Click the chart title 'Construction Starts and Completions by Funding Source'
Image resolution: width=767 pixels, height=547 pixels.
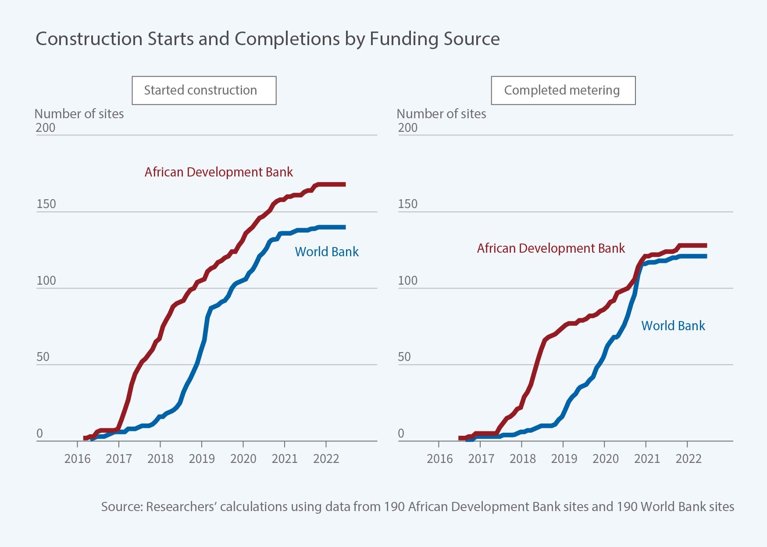tap(268, 39)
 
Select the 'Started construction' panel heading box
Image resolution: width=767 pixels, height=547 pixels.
tap(204, 90)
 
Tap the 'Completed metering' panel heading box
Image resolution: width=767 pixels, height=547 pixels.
tap(563, 90)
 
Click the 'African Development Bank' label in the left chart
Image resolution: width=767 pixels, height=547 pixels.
tap(218, 172)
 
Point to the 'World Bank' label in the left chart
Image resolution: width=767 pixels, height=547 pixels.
tap(327, 252)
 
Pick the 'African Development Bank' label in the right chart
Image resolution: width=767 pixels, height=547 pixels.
tap(550, 248)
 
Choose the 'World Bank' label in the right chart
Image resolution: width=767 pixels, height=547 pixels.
tap(673, 326)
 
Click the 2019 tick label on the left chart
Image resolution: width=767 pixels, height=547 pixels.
tap(202, 459)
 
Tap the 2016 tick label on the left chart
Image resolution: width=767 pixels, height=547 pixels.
tap(77, 459)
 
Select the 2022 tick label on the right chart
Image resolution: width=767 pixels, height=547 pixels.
tap(689, 459)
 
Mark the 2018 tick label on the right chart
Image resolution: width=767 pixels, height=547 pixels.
tap(522, 459)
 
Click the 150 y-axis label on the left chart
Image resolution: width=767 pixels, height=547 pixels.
tap(46, 204)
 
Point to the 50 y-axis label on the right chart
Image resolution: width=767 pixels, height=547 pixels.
tap(404, 357)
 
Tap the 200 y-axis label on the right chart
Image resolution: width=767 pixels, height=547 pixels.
tap(407, 128)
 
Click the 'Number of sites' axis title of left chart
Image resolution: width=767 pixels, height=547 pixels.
tap(79, 114)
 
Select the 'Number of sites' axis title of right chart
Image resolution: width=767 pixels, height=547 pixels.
tap(441, 114)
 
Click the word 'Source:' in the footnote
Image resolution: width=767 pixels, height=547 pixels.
tap(122, 507)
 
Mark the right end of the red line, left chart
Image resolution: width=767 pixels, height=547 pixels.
tap(344, 184)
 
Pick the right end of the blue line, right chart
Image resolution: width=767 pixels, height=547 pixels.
tap(705, 256)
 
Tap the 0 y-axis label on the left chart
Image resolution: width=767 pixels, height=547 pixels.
tap(39, 434)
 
